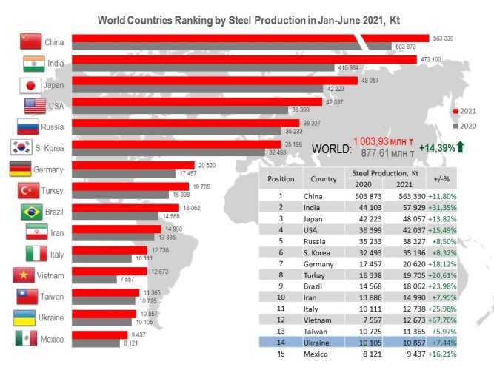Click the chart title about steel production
250,20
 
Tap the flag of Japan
29,85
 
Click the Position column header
281,178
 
